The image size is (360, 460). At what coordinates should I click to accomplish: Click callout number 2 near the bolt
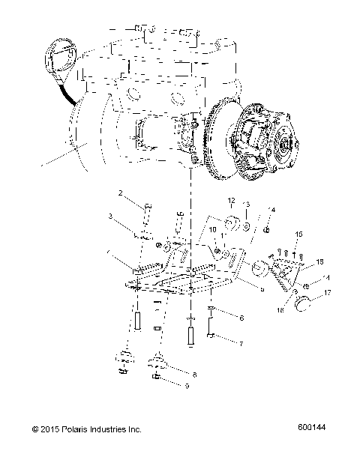click(x=119, y=194)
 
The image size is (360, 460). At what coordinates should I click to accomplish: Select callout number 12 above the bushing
click(x=232, y=200)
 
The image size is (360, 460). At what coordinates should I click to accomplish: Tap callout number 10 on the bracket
click(x=212, y=229)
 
